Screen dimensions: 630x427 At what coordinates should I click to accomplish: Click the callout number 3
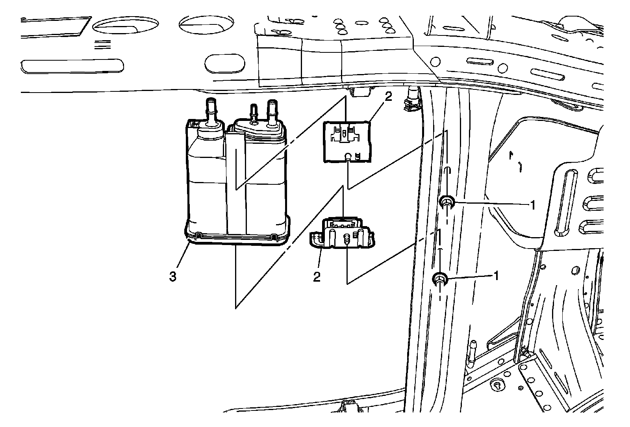click(x=173, y=277)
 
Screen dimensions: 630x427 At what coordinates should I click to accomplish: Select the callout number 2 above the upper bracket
click(x=388, y=97)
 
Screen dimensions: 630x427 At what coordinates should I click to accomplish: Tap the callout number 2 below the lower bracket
click(x=317, y=277)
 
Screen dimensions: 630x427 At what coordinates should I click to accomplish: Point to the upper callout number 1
click(x=533, y=205)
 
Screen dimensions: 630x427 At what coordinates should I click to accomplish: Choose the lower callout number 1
click(x=497, y=276)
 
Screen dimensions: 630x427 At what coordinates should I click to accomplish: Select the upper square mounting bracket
click(x=347, y=142)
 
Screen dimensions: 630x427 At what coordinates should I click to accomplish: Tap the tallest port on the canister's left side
click(x=211, y=111)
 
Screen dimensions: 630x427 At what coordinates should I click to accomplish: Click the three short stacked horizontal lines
click(x=103, y=45)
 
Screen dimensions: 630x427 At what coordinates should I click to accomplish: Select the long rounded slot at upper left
click(x=72, y=67)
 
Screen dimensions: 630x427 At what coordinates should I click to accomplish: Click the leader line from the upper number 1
click(x=492, y=203)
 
